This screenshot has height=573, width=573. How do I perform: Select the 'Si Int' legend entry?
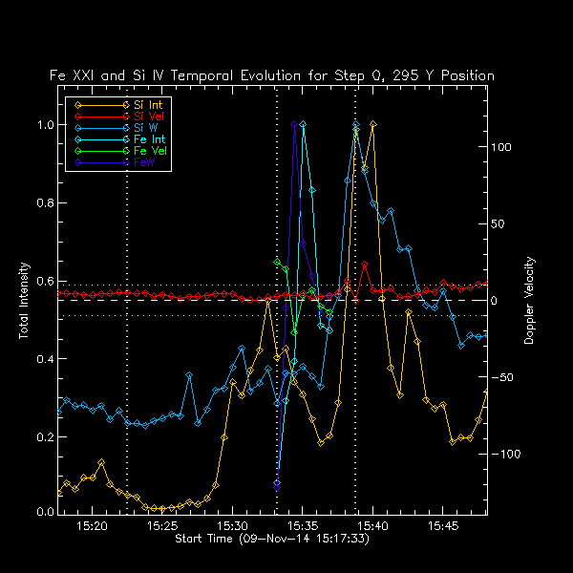(146, 103)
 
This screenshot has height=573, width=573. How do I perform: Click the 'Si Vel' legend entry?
(146, 116)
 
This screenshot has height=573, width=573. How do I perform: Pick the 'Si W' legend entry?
(144, 128)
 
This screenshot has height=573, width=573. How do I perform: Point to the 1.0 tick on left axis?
(46, 124)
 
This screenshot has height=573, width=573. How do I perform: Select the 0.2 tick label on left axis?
(46, 436)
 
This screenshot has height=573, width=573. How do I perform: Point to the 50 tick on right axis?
(499, 223)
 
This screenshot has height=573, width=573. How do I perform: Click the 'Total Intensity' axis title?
(23, 302)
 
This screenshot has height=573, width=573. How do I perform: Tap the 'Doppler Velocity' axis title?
(530, 302)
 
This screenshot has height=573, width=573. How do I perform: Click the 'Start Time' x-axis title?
(271, 540)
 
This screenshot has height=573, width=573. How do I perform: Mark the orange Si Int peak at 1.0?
(372, 124)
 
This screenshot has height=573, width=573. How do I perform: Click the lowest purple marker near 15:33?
(276, 483)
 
